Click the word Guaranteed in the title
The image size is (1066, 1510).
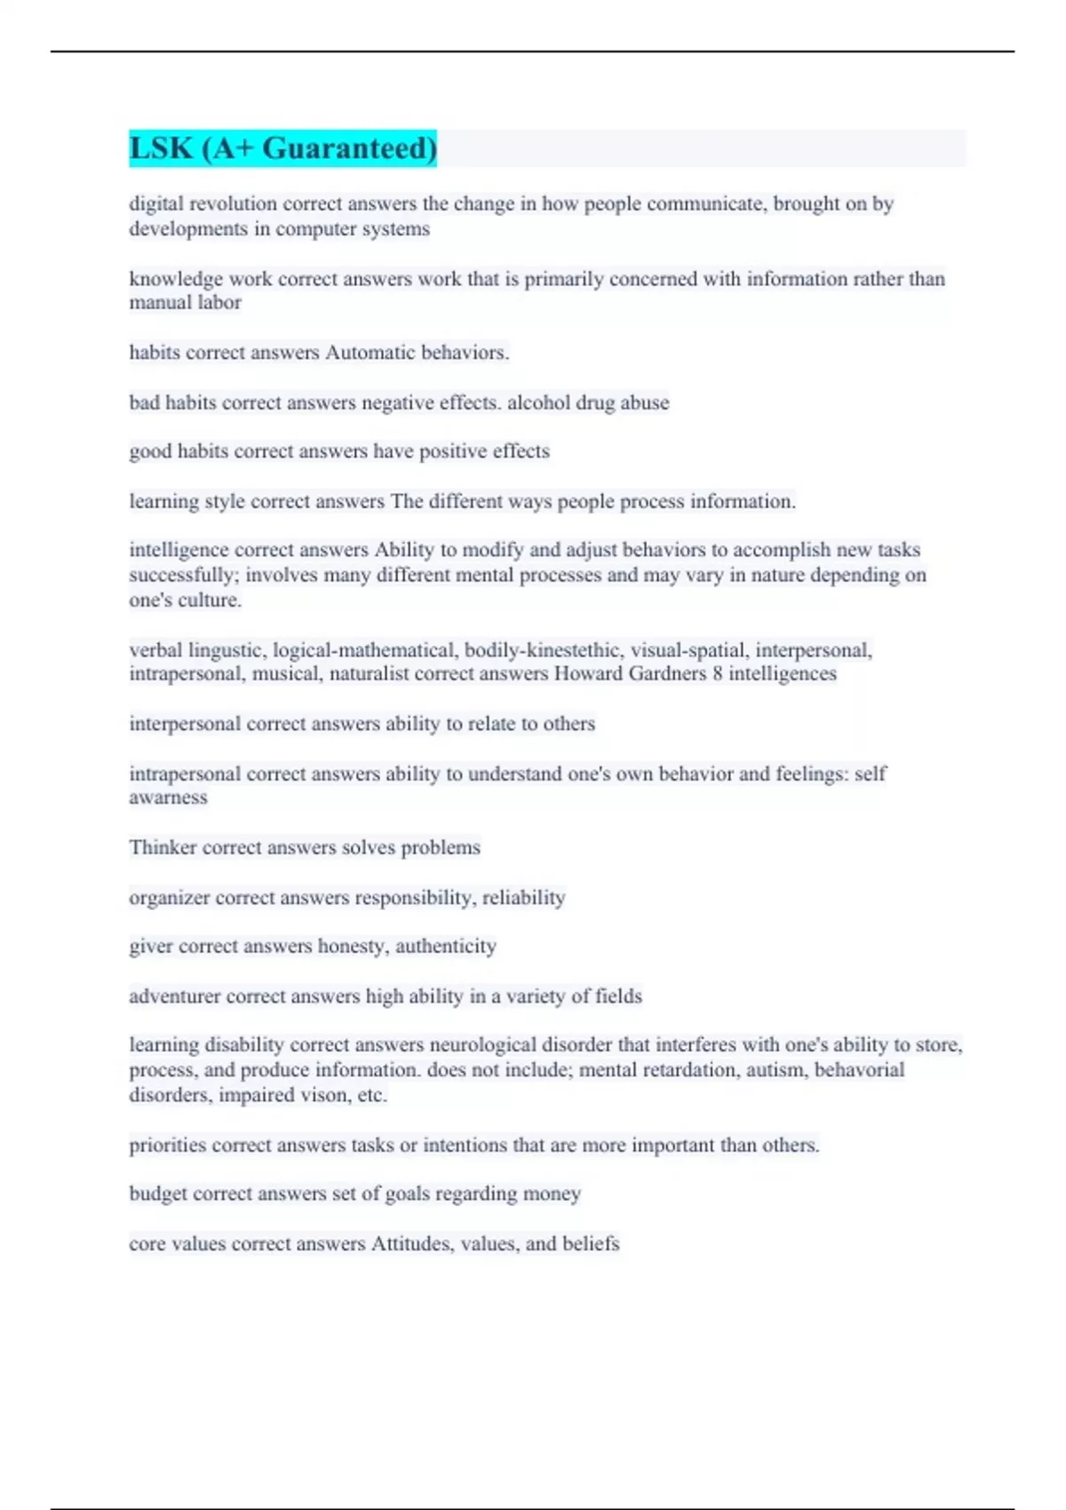[349, 148]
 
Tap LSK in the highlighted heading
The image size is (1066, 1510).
[161, 148]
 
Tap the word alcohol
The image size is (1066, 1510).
[538, 402]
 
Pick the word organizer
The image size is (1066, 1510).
[169, 898]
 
